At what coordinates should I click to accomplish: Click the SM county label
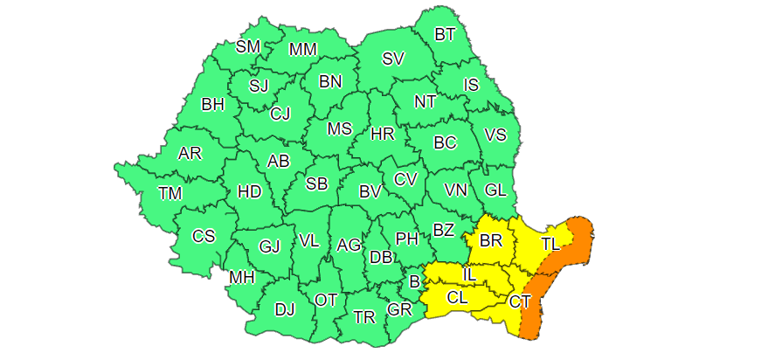[x=248, y=47]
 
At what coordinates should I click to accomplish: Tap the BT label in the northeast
[x=445, y=35]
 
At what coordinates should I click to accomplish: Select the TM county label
[x=170, y=193]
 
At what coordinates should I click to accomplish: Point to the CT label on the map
[x=520, y=302]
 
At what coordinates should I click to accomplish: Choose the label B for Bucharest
[x=414, y=281]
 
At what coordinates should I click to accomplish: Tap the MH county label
[x=241, y=278]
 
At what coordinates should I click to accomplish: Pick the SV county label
[x=393, y=59]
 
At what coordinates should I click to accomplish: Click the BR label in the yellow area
[x=491, y=240]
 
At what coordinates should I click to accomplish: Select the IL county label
[x=468, y=275]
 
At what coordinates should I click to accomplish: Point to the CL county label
[x=457, y=298]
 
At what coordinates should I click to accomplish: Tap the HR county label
[x=382, y=135]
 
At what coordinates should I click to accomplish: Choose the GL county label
[x=495, y=190]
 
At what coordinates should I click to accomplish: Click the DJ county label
[x=285, y=308]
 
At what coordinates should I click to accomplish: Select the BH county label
[x=212, y=105]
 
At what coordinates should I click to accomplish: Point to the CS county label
[x=204, y=236]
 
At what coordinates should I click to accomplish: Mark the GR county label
[x=399, y=310]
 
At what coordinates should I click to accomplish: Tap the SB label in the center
[x=316, y=183]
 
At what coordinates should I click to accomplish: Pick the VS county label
[x=495, y=135]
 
